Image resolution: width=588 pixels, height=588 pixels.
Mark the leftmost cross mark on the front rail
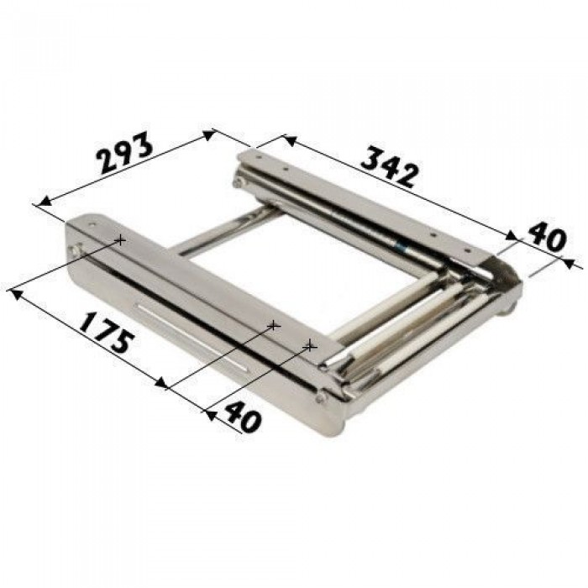tap(120, 239)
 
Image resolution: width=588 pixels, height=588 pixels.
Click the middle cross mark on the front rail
tap(273, 325)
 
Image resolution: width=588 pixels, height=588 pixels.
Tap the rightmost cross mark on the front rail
tap(310, 346)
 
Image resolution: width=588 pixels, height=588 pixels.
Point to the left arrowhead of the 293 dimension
tap(45, 202)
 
